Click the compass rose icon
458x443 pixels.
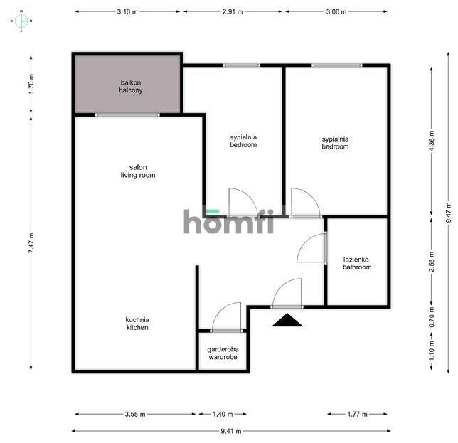coord(21,21)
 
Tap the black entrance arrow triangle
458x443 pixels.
coord(287,320)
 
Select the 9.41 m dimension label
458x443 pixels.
coord(230,431)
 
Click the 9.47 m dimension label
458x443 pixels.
coord(449,213)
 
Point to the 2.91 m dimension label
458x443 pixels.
coord(233,11)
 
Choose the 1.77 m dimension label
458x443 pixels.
coord(357,414)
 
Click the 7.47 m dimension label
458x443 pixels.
coord(31,243)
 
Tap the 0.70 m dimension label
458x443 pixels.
coord(432,317)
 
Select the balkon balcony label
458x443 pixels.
coord(131,87)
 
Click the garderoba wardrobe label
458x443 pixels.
coord(223,353)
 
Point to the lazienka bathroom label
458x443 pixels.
coord(357,263)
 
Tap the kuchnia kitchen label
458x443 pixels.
coord(137,324)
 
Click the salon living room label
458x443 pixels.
coord(138,171)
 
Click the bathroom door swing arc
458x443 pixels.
coord(306,242)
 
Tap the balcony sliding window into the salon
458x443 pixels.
coord(127,114)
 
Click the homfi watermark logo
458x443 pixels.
coord(229,221)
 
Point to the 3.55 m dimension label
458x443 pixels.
coord(135,414)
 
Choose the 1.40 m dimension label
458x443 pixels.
coord(223,414)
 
